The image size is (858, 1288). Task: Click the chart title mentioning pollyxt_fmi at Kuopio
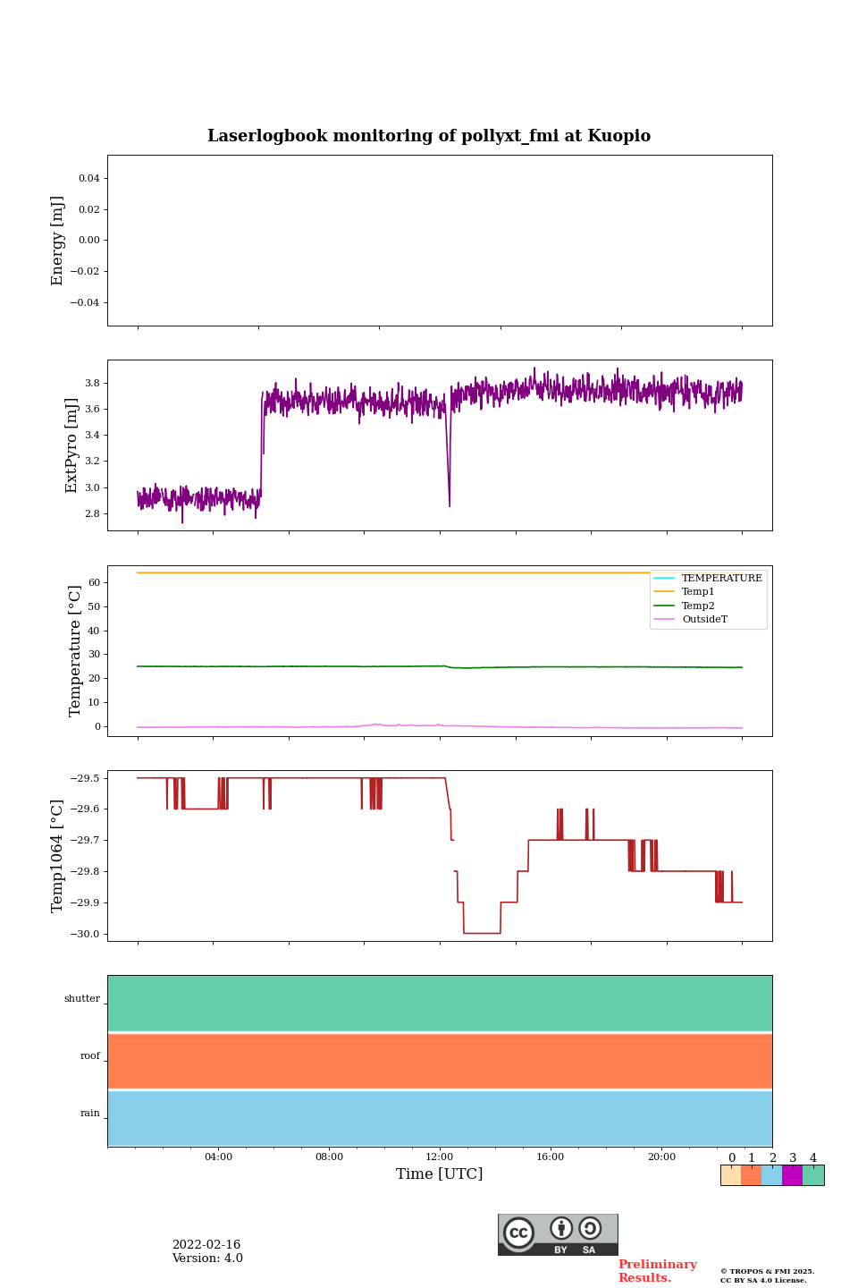429,136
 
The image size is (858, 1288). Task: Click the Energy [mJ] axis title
58,241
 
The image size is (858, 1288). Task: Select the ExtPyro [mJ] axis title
72,445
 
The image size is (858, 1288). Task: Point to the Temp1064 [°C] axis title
58,856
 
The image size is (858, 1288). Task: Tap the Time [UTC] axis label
440,1174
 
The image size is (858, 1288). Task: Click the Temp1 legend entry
698,592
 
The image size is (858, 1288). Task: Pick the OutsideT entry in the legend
704,619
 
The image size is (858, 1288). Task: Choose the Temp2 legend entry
698,606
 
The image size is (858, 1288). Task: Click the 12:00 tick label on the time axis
440,1157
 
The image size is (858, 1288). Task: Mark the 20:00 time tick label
661,1157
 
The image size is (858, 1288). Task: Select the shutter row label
82,999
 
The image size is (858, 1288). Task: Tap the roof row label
90,1056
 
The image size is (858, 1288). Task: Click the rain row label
90,1114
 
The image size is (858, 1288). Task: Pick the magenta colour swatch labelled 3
792,1175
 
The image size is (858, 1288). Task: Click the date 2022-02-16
206,1245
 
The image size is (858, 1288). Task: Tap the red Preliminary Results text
657,1271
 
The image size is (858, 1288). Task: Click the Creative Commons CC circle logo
518,1233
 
